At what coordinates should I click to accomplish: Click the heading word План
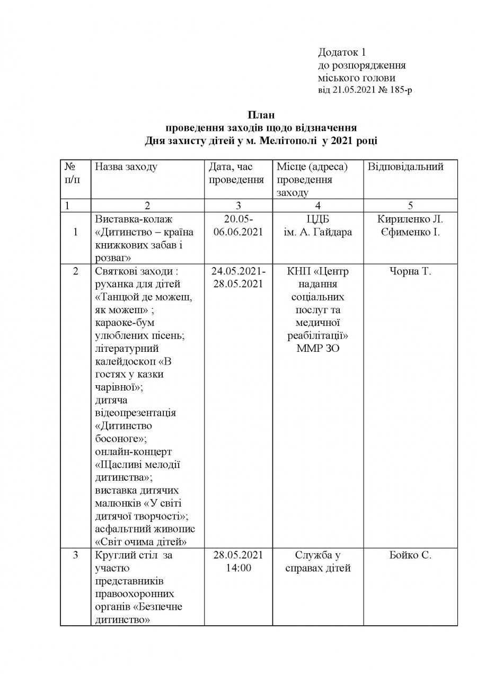point(261,115)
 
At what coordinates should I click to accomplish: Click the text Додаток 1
point(342,52)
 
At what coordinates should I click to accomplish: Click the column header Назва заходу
point(126,167)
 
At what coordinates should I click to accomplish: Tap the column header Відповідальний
point(405,167)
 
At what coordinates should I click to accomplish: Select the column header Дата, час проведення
point(236,173)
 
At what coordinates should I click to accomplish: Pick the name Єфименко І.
point(410,232)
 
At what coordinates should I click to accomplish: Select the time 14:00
point(238,568)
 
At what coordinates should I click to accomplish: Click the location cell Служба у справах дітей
point(317,562)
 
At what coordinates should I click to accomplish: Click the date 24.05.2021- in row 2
point(238,271)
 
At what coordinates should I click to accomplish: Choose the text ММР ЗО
point(317,349)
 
